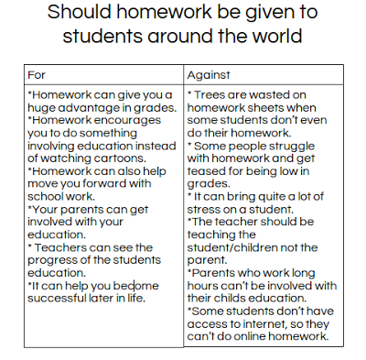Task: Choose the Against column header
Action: point(210,73)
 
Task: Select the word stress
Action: point(208,208)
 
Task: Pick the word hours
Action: point(208,285)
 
